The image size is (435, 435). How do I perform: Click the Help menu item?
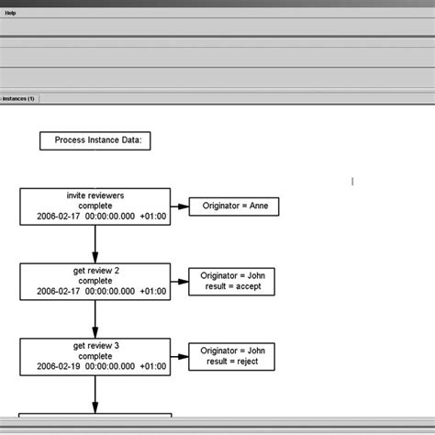[x=10, y=13]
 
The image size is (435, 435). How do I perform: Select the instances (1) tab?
[x=19, y=97]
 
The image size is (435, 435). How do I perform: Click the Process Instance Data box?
[x=95, y=140]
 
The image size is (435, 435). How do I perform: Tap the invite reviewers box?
[x=95, y=206]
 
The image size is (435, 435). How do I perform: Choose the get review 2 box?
[x=95, y=281]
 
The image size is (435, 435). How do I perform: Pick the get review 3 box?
[x=95, y=356]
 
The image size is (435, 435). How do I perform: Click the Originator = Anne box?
[x=233, y=206]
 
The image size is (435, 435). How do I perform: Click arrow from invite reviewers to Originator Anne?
[x=180, y=206]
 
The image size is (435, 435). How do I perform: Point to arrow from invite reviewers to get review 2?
[x=95, y=244]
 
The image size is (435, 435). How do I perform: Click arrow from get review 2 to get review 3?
[x=95, y=318]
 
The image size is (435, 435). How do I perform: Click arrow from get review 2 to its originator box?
[x=180, y=281]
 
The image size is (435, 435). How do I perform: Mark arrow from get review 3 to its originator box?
[x=180, y=356]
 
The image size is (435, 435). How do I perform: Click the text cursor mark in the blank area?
[x=352, y=181]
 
